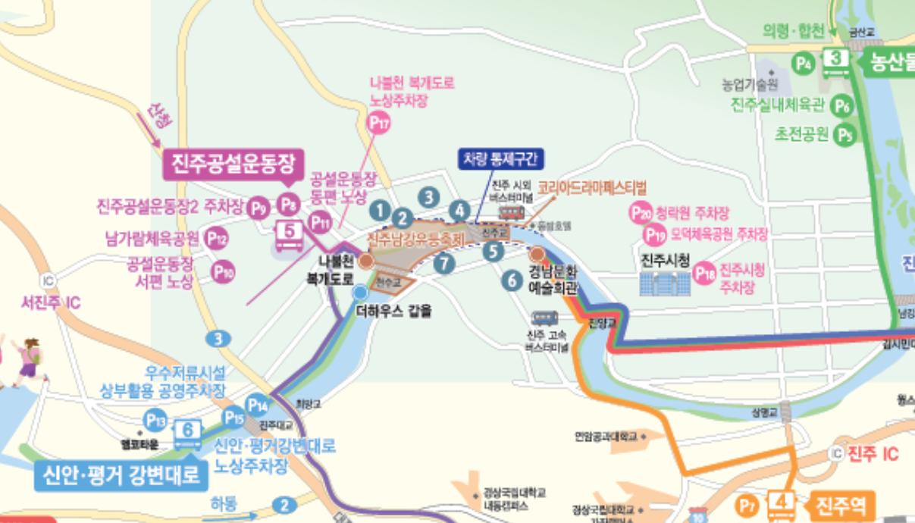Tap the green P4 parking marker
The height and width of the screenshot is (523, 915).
(x=804, y=63)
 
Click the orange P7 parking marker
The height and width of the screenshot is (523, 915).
(x=748, y=505)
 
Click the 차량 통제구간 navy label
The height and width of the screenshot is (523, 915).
(x=500, y=159)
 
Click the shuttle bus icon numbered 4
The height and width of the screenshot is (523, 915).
(x=781, y=504)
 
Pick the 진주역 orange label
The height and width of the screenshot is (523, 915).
(x=844, y=504)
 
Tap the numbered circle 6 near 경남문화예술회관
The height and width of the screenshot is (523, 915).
(x=512, y=280)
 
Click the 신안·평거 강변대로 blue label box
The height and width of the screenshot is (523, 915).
(x=120, y=475)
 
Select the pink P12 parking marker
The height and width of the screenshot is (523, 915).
(x=217, y=239)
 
